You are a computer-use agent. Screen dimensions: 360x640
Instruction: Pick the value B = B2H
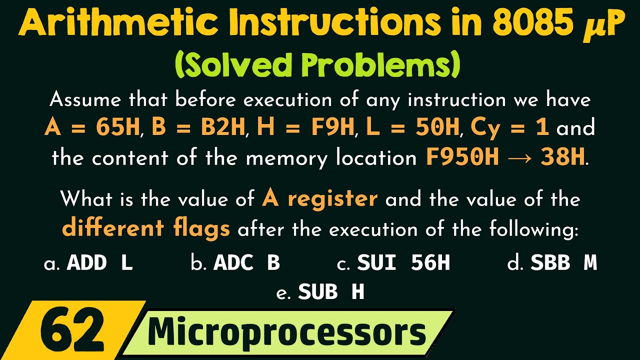point(199,128)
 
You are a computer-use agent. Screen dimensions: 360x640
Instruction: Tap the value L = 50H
point(413,128)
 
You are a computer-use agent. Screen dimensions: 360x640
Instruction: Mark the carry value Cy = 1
point(509,128)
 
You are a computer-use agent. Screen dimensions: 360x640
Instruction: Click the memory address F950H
point(462,157)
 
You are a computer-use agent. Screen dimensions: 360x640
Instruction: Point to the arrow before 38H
point(520,158)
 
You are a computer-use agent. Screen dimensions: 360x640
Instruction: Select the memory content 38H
point(562,157)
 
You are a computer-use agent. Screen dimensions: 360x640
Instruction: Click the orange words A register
point(320,199)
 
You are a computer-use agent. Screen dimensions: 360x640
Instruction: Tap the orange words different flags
point(146,228)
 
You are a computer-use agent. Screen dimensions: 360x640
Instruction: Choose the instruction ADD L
point(100,263)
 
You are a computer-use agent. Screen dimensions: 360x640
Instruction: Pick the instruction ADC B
point(246,263)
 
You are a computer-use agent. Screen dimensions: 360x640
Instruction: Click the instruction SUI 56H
point(403,263)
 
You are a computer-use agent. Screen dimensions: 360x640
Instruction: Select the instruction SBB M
point(563,263)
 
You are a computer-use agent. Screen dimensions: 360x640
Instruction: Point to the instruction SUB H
point(331,292)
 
